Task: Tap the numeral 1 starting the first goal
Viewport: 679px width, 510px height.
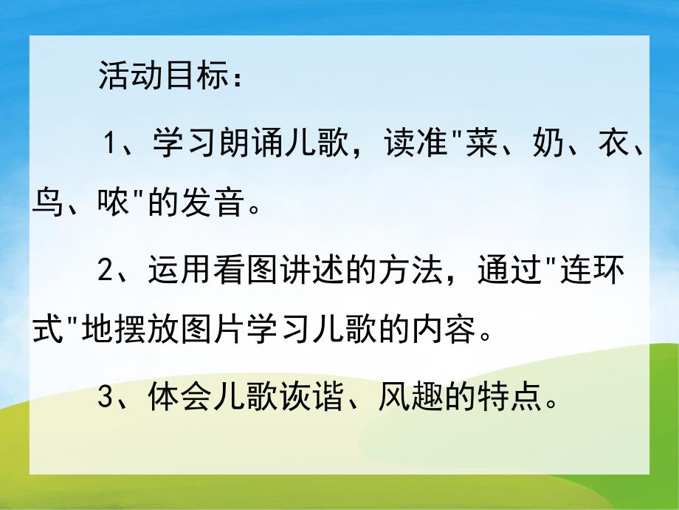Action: tap(111, 143)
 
